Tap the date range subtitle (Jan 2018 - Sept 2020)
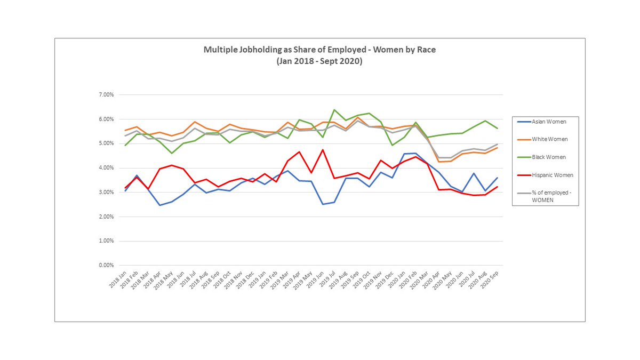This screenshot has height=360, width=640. pyautogui.click(x=319, y=61)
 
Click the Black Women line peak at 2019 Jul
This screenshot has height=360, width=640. pyautogui.click(x=334, y=110)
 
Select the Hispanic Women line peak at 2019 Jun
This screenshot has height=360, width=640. pyautogui.click(x=322, y=150)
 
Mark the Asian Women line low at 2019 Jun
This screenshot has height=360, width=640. pyautogui.click(x=322, y=204)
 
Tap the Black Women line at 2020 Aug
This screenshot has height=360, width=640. pyautogui.click(x=485, y=121)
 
